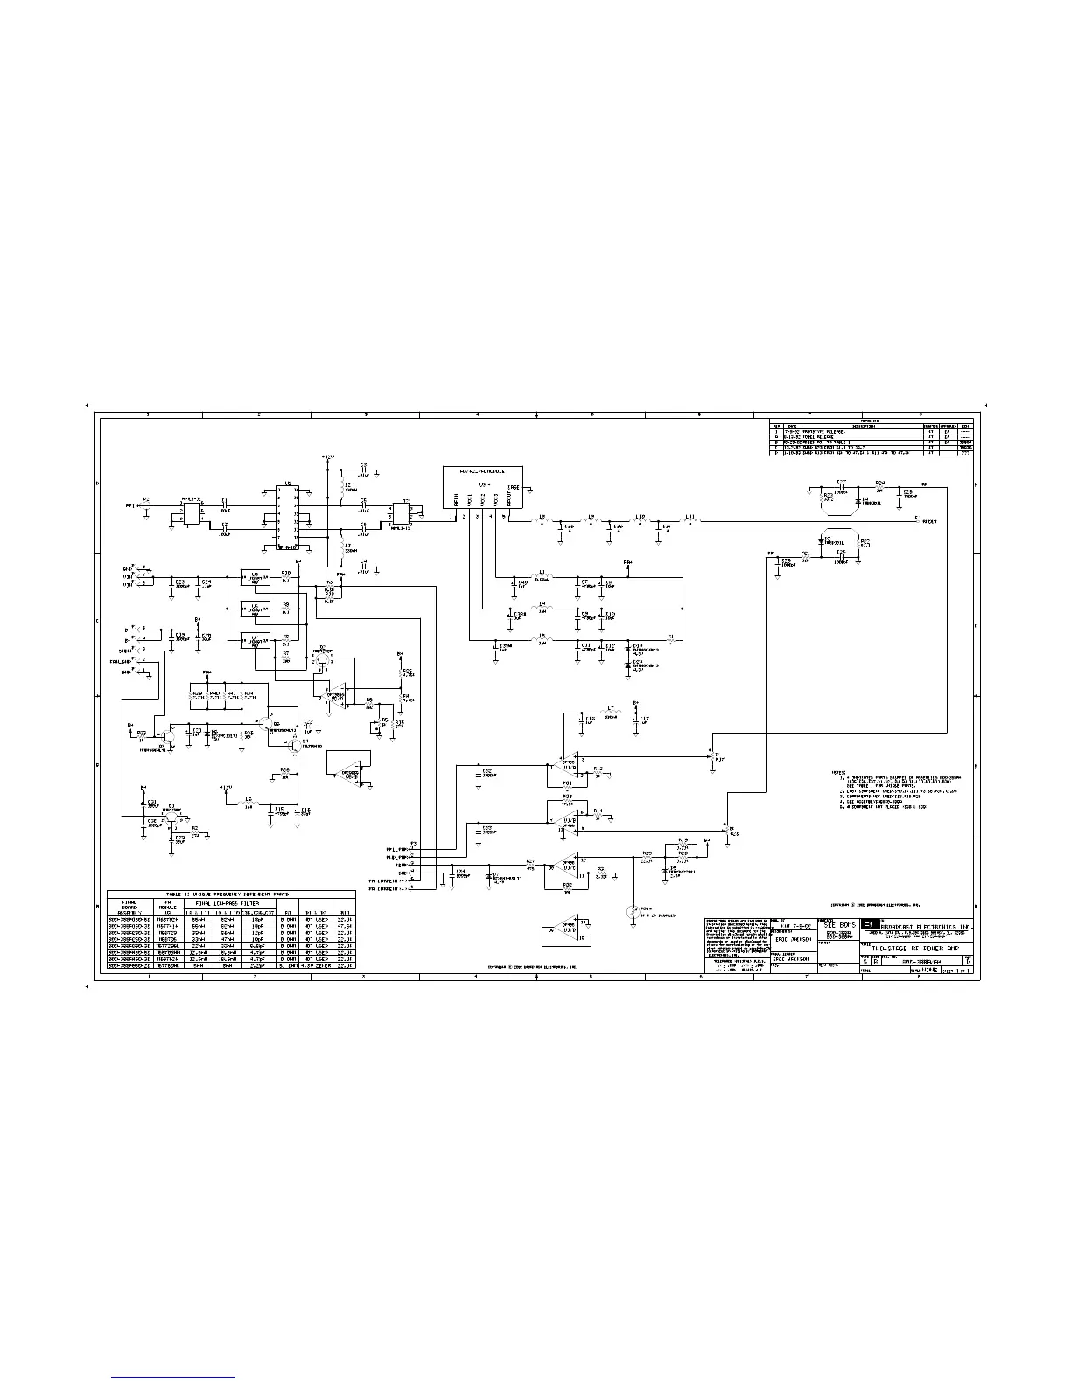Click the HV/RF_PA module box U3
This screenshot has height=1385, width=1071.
point(484,488)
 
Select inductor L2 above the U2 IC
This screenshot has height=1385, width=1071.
point(340,488)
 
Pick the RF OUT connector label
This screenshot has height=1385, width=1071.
point(926,521)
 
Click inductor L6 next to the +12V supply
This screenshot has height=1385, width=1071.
point(249,803)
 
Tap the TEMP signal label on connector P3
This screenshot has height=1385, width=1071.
point(401,865)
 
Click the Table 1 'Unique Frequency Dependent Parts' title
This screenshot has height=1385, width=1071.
point(231,894)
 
